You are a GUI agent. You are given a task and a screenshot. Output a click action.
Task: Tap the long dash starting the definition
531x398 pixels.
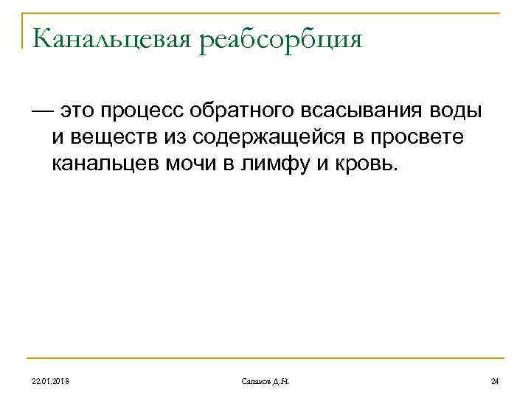42,111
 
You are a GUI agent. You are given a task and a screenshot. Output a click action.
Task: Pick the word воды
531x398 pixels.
454,111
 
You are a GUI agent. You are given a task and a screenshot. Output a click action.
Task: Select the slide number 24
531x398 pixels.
495,380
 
